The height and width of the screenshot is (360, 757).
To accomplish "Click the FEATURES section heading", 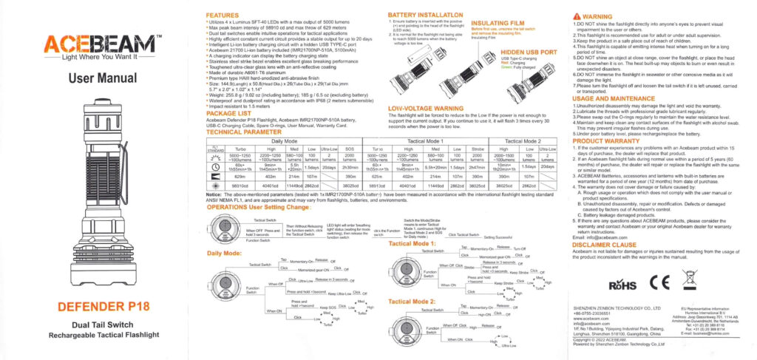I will [222, 15].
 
